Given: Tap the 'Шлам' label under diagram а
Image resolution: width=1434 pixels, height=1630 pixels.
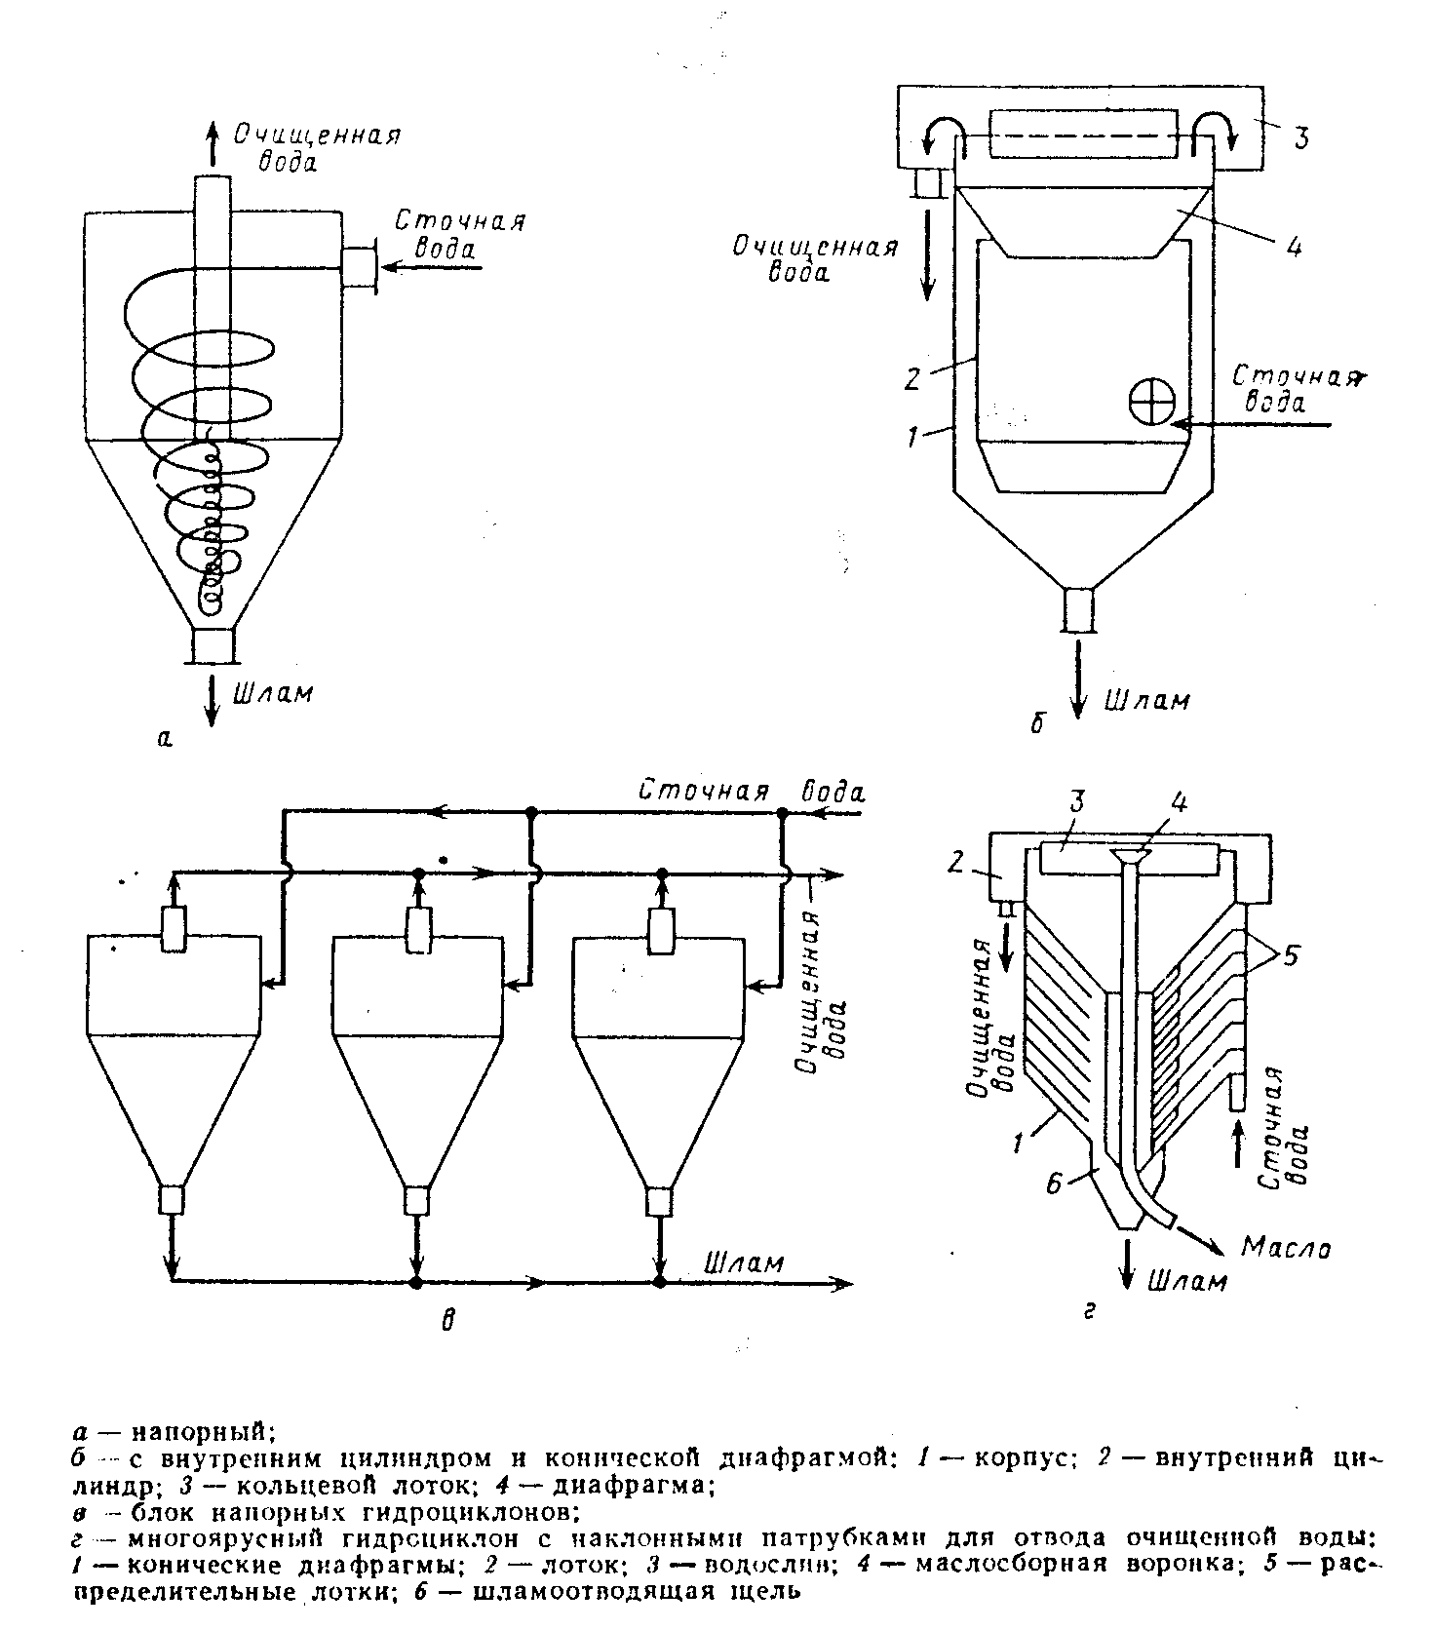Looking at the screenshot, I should coord(274,693).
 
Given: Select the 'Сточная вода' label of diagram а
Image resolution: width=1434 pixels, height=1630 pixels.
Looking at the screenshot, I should coord(460,234).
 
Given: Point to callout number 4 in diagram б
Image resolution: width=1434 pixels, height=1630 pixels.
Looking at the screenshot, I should coord(1293,248).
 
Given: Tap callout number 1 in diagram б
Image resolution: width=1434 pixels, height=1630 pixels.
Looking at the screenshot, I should coord(912,437).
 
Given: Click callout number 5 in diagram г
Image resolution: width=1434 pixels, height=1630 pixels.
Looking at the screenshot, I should coord(1292,957).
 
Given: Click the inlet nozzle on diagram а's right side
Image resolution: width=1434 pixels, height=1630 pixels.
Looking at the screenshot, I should coord(359,266).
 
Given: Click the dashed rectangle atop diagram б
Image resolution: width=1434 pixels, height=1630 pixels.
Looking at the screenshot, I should coord(1088,135).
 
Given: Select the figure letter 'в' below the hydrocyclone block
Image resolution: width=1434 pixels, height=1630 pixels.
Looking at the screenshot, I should coord(447,1322).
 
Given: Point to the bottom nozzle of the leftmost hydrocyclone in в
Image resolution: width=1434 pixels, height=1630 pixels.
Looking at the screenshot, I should coord(173,1200).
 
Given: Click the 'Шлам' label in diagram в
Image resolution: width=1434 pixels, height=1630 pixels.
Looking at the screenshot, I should coord(744,1263).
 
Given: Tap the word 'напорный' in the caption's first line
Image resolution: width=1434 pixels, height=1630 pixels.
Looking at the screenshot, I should coord(201,1432).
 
